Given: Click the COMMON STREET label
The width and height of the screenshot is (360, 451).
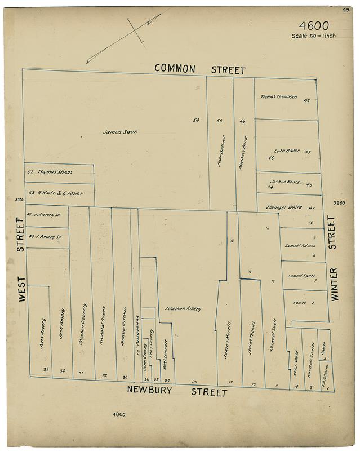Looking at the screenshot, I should point(200,69).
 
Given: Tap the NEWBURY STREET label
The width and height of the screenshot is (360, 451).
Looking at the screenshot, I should point(177,391).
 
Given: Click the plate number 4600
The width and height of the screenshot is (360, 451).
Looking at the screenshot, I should point(314,26).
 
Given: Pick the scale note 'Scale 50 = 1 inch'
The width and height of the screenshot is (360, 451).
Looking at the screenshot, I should point(314,36).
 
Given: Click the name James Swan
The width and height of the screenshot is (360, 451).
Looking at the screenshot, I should point(120,132).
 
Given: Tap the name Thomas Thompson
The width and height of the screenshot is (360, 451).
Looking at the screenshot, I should point(278,97).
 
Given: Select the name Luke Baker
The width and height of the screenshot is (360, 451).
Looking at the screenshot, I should point(285,151).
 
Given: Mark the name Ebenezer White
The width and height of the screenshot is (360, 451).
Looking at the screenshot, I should point(285,207).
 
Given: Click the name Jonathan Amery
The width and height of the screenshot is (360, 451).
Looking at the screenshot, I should point(183,309).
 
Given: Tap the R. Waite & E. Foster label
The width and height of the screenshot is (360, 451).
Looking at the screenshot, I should point(59,193).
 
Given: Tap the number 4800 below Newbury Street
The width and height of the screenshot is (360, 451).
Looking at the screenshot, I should point(118,415).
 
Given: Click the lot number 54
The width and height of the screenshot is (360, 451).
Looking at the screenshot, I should point(196,120).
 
